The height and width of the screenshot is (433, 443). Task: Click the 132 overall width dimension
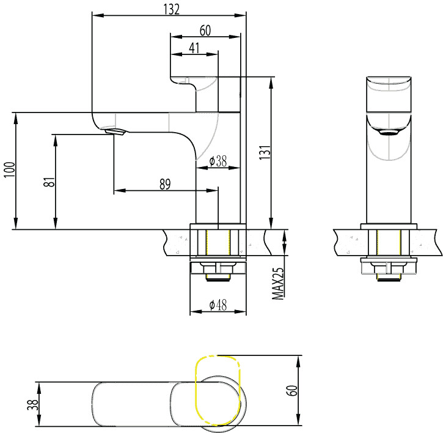click(171, 9)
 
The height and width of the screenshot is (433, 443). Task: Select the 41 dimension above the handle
click(194, 48)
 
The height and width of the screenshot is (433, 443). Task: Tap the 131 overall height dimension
click(265, 152)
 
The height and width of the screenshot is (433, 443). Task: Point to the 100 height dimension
click(10, 169)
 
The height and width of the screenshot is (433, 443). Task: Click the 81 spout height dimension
click(49, 182)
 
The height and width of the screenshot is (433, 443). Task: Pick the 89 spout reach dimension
click(165, 184)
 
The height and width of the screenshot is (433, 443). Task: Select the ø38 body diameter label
click(218, 161)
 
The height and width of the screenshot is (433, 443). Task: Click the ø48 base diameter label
click(218, 305)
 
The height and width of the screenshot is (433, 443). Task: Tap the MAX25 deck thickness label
click(278, 284)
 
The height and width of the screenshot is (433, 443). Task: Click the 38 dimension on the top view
click(33, 404)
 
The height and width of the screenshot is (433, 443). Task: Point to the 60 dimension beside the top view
click(292, 391)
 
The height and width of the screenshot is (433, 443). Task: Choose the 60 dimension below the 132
click(205, 30)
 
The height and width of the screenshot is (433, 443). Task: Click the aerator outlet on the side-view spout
click(115, 132)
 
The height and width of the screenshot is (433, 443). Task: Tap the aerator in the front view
click(389, 133)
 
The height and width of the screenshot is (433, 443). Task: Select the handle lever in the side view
click(194, 94)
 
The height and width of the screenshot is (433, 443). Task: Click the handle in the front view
click(389, 94)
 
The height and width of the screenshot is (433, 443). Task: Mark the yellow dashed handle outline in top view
click(218, 391)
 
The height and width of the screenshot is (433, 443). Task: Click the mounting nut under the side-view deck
click(218, 268)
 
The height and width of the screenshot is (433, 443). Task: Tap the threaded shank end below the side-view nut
click(218, 278)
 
